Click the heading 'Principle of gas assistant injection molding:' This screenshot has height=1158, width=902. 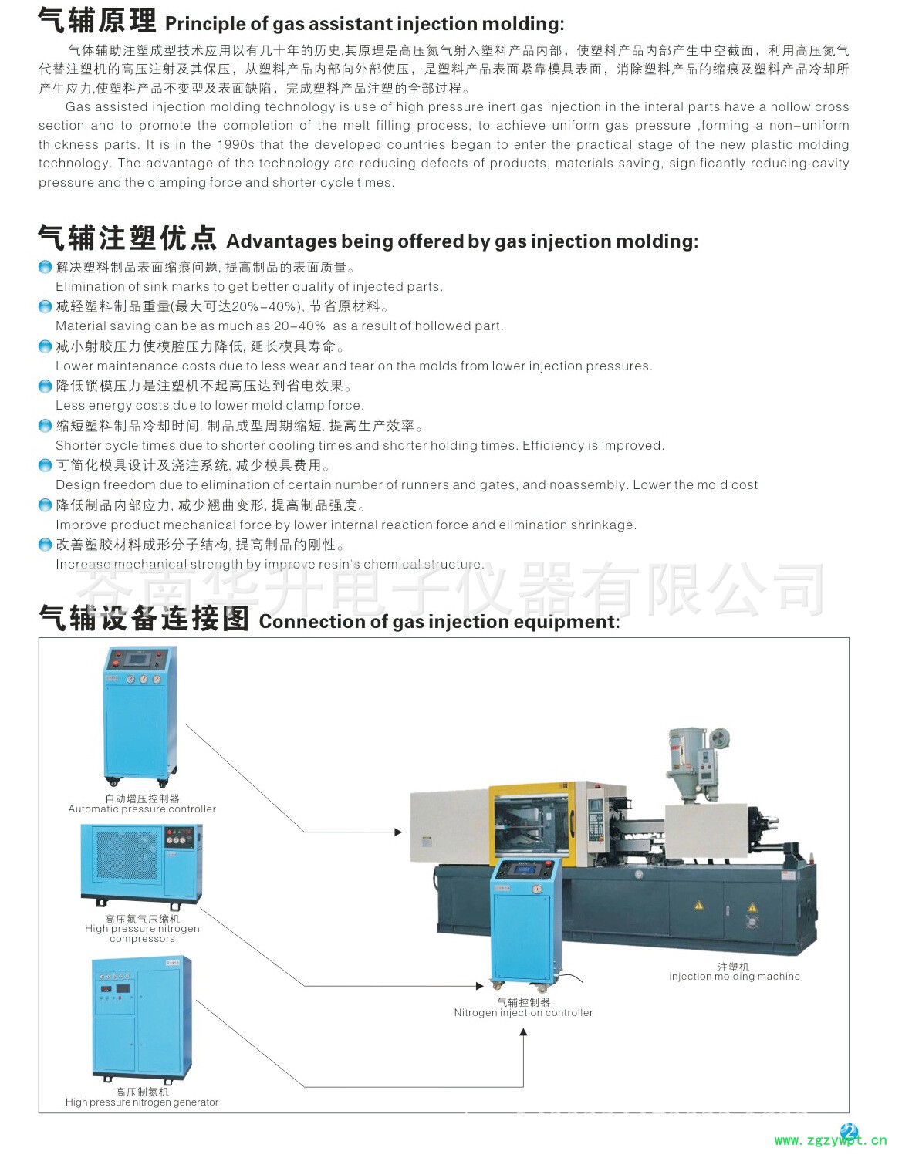364,24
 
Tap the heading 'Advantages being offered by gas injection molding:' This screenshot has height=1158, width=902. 462,241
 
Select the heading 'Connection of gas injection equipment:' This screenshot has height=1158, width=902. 440,622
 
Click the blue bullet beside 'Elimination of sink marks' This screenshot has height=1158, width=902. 46,267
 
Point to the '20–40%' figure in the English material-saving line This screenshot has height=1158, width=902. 299,326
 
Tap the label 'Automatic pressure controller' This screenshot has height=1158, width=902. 142,809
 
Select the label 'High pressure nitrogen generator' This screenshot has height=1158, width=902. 142,1102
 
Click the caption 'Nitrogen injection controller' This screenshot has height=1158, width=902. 523,1012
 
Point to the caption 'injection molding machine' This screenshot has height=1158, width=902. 735,976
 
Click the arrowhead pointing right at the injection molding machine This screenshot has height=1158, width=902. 398,832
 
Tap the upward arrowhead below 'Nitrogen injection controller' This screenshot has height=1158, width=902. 523,1032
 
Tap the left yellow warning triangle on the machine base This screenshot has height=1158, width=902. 698,904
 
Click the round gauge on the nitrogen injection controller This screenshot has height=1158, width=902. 537,889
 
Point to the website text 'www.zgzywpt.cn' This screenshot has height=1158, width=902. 830,1141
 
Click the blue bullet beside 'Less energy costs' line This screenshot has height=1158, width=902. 46,387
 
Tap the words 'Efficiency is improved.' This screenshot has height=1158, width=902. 593,445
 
